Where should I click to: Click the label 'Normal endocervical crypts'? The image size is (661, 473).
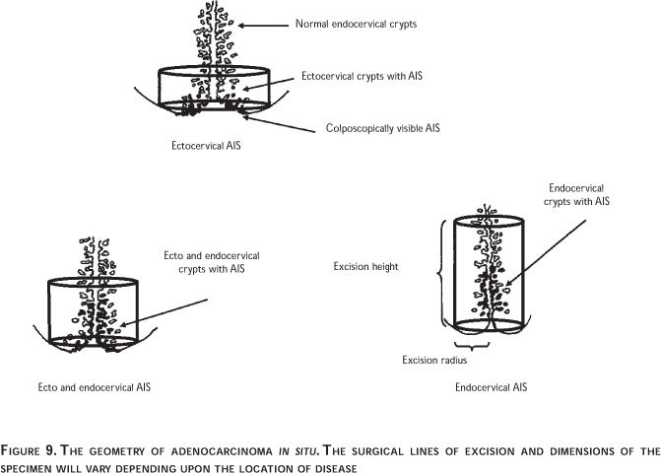click(x=356, y=24)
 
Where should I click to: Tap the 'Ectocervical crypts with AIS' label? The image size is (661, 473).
click(x=362, y=76)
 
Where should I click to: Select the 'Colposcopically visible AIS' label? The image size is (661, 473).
click(x=383, y=128)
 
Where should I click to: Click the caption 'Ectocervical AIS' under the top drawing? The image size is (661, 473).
click(x=206, y=146)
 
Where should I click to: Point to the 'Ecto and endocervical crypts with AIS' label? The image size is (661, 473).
click(x=212, y=262)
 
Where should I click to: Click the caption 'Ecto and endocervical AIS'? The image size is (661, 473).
click(x=94, y=387)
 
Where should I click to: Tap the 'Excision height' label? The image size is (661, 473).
click(x=365, y=267)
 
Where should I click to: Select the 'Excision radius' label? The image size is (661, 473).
click(x=434, y=360)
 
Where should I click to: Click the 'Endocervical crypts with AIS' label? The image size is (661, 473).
click(x=576, y=195)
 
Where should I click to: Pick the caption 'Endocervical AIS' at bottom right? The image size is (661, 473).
click(x=492, y=387)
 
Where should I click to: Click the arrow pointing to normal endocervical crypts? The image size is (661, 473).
click(x=263, y=26)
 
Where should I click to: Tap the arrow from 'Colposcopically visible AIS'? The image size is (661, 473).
click(x=279, y=123)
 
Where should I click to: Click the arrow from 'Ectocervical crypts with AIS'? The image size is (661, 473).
click(x=268, y=84)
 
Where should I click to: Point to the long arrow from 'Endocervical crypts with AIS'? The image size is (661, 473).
click(x=545, y=252)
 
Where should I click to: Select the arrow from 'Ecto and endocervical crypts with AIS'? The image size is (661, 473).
click(x=164, y=312)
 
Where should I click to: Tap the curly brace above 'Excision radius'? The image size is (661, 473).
click(x=472, y=346)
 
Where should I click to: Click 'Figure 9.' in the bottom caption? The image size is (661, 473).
click(x=29, y=451)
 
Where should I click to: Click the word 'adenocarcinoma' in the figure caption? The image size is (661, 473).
click(x=222, y=452)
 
